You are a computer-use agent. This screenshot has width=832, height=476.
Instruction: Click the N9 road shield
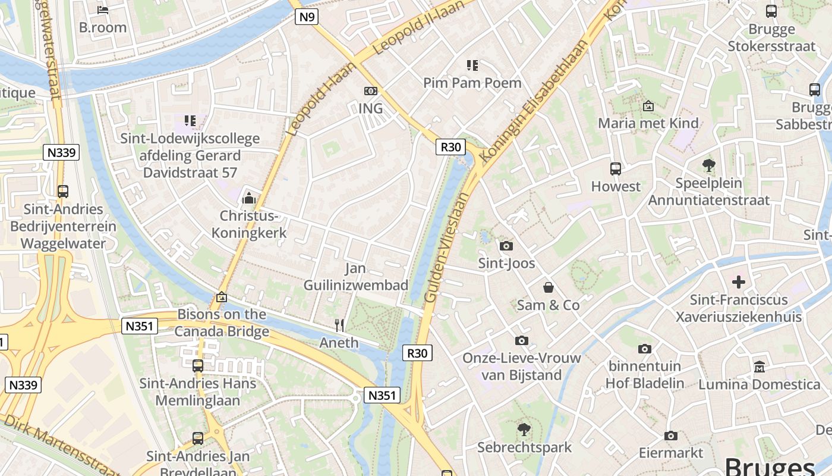(307, 17)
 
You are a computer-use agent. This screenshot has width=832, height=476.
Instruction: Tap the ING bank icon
(370, 91)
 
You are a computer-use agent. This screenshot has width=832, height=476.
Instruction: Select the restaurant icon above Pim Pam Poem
(472, 65)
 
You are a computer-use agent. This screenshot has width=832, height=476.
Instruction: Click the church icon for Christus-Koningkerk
(249, 198)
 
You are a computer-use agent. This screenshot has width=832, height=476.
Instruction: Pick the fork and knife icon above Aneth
(339, 325)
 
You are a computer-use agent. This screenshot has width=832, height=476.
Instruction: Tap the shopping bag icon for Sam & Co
(548, 287)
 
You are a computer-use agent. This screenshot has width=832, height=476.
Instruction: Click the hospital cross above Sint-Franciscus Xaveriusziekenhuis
(739, 281)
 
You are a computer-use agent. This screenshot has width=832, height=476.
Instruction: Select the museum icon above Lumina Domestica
(759, 367)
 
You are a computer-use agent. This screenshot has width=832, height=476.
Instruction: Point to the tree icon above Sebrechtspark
(524, 429)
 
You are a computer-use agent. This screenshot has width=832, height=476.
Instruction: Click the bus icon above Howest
(616, 168)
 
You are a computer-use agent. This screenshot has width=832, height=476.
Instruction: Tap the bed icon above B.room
(103, 10)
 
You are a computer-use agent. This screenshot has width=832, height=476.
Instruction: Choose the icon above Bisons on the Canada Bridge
(222, 296)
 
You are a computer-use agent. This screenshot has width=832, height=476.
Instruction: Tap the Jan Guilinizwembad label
(356, 277)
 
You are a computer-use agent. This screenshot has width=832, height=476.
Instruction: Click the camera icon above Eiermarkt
(671, 436)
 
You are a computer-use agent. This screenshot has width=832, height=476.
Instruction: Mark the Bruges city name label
(770, 466)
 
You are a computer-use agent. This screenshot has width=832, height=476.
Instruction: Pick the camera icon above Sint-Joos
(506, 246)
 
